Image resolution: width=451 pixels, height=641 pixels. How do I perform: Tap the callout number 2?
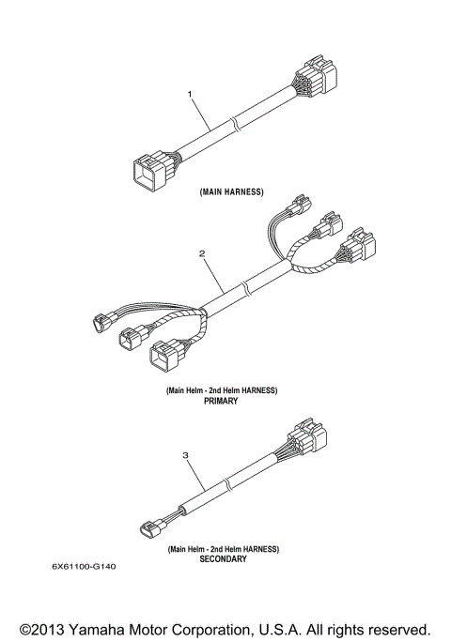click(x=201, y=252)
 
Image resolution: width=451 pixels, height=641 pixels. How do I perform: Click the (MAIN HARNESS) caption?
click(x=231, y=191)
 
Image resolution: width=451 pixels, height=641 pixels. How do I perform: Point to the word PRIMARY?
click(x=222, y=400)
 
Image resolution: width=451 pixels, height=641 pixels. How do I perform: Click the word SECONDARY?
click(x=223, y=558)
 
